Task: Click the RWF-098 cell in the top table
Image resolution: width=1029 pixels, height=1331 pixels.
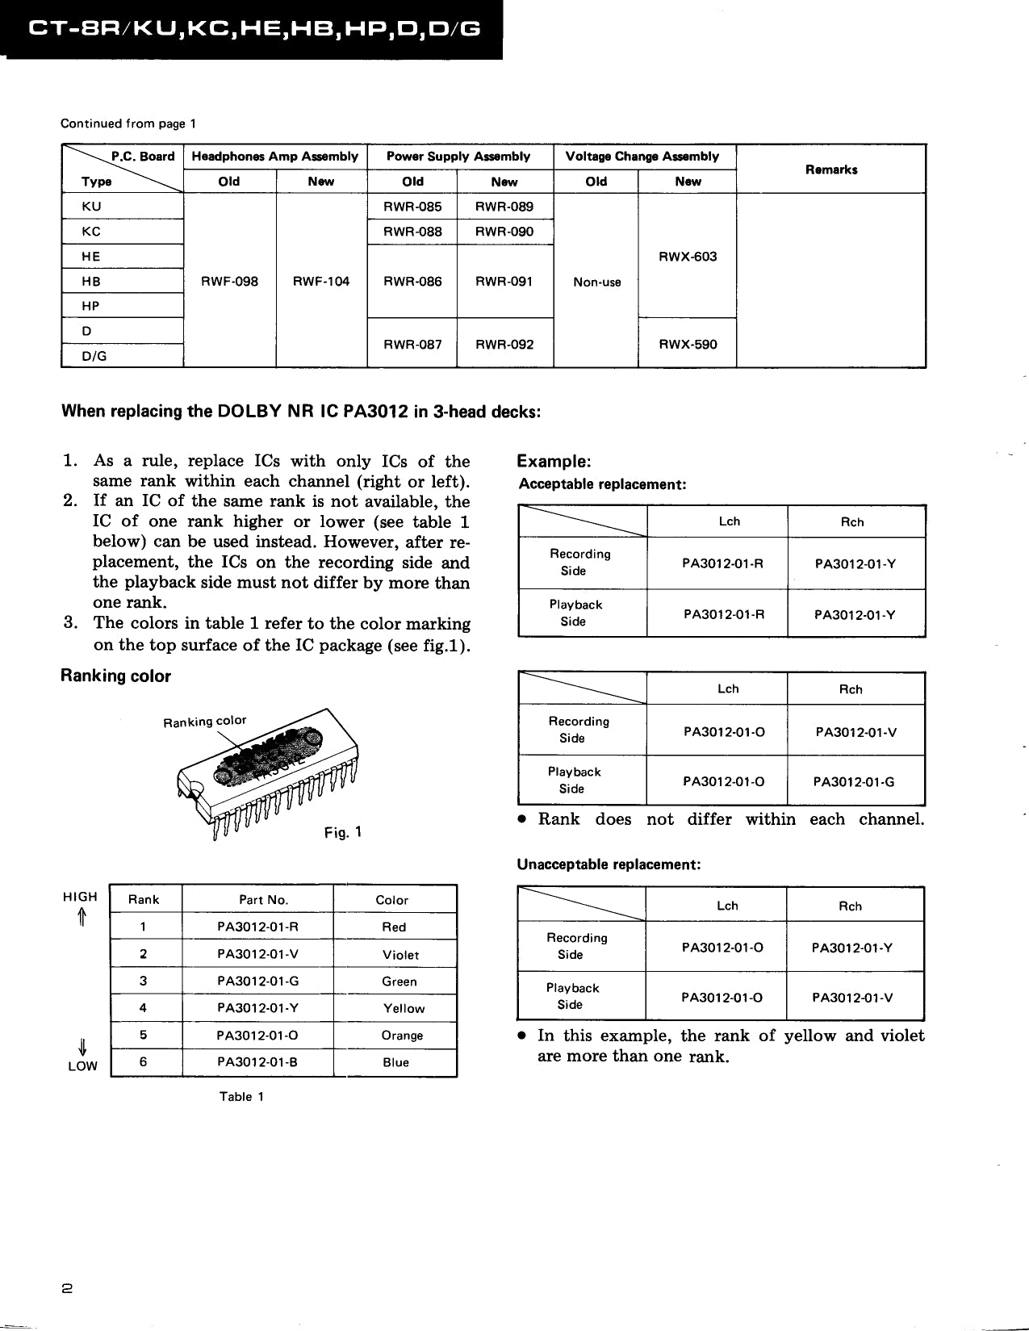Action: (x=230, y=282)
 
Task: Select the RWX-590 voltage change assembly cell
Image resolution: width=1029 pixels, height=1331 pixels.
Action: (x=688, y=345)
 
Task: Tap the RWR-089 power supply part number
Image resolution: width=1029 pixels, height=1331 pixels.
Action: (x=504, y=207)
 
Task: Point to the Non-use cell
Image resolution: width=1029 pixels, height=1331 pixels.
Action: (x=597, y=283)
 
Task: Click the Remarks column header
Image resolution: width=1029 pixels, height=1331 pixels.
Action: (x=831, y=170)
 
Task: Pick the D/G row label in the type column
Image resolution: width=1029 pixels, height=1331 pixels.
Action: (x=94, y=356)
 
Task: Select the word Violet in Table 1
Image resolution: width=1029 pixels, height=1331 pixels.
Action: (x=400, y=955)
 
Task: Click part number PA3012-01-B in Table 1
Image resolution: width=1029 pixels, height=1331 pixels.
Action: (x=257, y=1062)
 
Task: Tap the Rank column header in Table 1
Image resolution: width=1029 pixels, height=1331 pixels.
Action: (x=144, y=900)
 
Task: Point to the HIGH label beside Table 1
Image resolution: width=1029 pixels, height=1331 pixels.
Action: (x=80, y=897)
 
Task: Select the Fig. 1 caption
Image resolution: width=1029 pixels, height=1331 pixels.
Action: (x=343, y=832)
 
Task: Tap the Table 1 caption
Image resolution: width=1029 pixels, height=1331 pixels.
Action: (x=241, y=1097)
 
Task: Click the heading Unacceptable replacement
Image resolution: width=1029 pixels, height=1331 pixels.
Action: (x=609, y=864)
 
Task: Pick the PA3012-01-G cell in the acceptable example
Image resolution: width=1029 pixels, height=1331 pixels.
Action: (x=854, y=782)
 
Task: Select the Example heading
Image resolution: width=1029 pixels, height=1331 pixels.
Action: (x=554, y=462)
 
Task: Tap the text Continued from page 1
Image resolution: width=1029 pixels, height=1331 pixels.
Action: (x=128, y=123)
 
